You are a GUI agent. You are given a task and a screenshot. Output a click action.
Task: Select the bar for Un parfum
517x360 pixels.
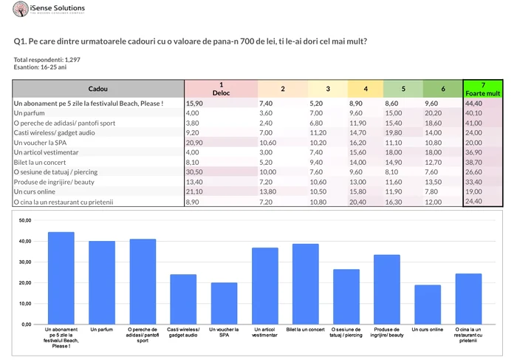pos(102,282)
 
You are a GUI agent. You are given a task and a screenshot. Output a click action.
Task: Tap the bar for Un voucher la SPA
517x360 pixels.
pos(224,303)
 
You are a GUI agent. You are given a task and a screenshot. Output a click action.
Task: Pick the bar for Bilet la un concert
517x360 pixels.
pos(306,284)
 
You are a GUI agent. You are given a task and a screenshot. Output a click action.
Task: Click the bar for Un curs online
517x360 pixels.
pos(428,305)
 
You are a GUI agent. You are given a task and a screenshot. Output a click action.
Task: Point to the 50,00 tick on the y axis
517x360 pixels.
pos(24,220)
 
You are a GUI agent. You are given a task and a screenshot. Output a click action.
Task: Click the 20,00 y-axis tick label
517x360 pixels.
pos(24,282)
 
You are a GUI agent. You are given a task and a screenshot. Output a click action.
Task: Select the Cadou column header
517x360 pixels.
pos(97,89)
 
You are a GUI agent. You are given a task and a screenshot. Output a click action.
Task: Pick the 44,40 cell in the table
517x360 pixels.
pos(474,103)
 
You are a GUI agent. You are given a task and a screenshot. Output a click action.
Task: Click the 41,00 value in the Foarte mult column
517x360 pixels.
pos(474,123)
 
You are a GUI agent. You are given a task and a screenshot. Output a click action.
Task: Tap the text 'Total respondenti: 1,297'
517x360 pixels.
pos(48,59)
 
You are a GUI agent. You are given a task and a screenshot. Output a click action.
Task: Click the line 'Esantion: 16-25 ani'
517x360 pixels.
pos(41,67)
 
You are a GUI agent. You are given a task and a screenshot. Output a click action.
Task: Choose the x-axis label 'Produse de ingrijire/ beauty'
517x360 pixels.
pos(387,332)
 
